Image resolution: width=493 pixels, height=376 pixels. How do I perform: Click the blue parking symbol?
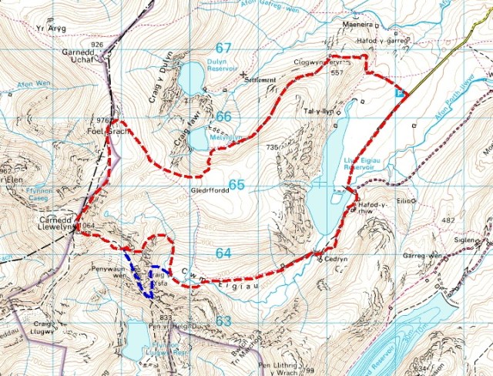click(x=398, y=92)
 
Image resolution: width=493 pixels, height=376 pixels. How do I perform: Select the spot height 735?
click(x=271, y=147)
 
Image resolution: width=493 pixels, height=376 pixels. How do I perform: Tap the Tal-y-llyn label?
click(x=319, y=112)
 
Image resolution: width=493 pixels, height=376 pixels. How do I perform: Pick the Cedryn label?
click(x=337, y=260)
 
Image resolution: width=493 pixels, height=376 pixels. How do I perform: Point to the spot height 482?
click(x=449, y=221)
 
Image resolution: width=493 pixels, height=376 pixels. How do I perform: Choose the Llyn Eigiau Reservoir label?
click(x=356, y=164)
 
